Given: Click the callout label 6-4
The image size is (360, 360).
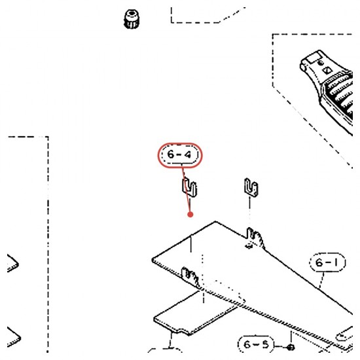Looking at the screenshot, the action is tap(180, 155).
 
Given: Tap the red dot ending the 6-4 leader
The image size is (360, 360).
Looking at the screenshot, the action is tap(190, 215).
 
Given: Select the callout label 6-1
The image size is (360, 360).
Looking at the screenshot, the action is tap(327, 262).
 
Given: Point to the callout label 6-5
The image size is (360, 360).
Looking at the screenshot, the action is tap(256, 344).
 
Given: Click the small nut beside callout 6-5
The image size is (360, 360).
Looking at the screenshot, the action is tap(291, 347).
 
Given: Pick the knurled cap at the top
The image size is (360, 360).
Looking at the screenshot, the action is tap(132, 19).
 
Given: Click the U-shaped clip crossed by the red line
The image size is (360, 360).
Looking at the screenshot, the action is tap(190, 188).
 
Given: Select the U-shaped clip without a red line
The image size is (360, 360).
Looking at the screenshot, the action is tap(251, 188).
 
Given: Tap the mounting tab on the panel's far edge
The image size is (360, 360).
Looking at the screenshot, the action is tap(255, 238).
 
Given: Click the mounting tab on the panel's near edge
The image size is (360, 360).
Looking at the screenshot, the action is tap(190, 277).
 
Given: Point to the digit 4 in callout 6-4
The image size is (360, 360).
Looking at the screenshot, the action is tap(188, 154).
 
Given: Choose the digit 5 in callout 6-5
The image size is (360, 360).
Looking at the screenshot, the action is tap(265, 344).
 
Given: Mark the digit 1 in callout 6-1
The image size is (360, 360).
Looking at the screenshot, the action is tap(336, 262).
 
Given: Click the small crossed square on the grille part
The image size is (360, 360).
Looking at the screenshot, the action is tap(327, 70).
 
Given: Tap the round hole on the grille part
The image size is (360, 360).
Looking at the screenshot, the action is tap(321, 62).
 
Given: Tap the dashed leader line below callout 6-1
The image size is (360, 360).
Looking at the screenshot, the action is tap(322, 279).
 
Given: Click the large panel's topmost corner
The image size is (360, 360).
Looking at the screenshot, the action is tap(215, 221).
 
